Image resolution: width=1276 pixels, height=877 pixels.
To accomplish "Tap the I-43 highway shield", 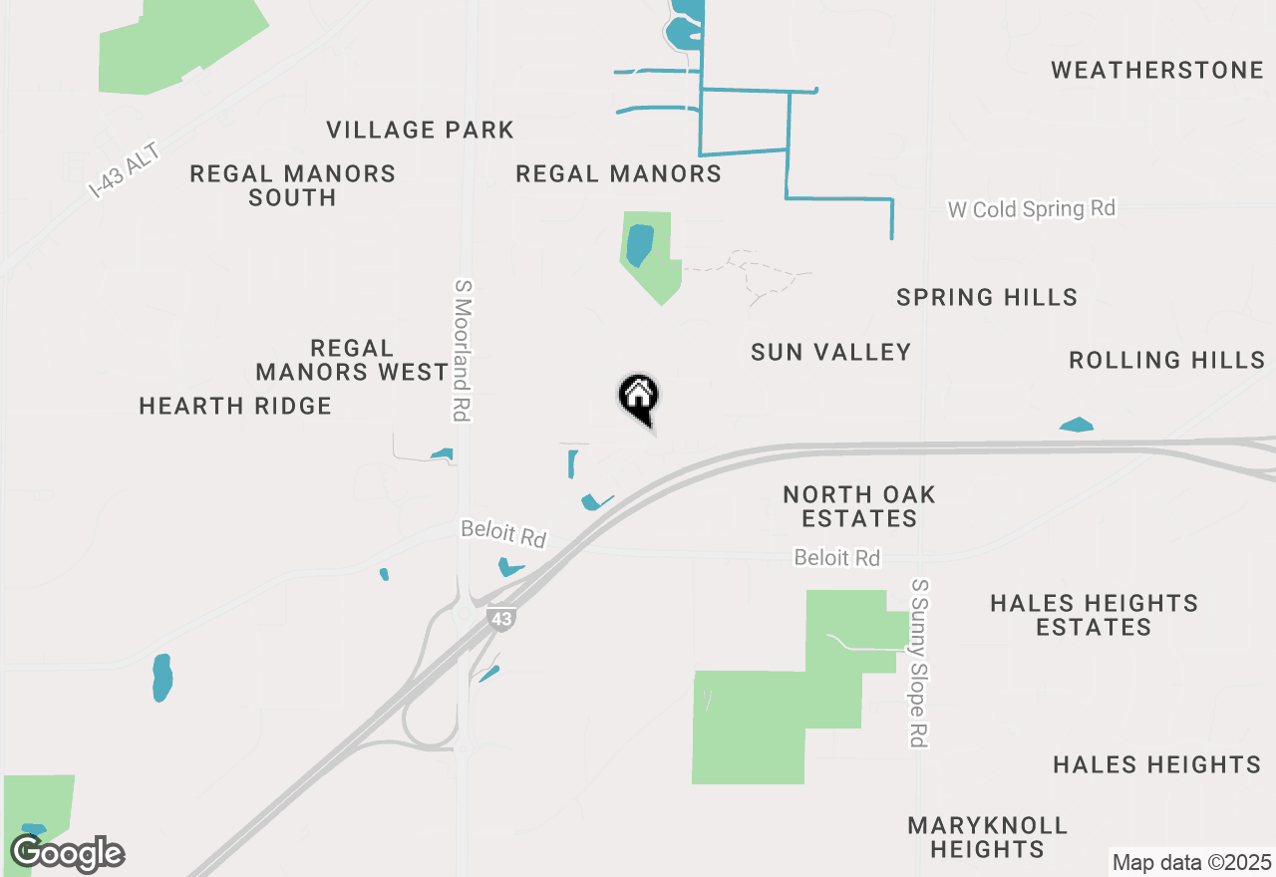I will coord(501,619).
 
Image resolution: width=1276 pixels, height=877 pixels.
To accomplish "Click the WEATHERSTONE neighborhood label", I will coord(1156,70).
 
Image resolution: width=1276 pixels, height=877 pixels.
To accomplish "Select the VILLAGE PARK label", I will coord(420,130).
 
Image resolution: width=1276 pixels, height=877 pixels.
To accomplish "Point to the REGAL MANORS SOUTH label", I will coord(292,185).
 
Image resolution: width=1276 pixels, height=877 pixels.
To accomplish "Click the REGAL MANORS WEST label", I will coord(352,360).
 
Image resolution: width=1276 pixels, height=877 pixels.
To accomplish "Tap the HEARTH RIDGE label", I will coord(235,406).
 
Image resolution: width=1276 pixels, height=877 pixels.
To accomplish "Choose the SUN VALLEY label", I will coord(830,352).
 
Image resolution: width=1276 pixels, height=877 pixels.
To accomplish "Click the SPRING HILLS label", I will coord(986,297).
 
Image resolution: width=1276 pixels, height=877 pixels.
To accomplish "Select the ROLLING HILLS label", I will coord(1166,360).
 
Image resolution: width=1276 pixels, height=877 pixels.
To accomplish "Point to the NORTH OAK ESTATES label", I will coord(858,506).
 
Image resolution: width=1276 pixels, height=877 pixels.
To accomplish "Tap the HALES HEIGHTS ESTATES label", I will coord(1094,615).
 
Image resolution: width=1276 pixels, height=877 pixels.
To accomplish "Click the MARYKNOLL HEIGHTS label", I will coord(987,837).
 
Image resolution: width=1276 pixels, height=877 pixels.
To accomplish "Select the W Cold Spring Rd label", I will coord(1031,209).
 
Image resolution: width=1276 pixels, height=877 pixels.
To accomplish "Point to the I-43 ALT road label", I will coord(124,169).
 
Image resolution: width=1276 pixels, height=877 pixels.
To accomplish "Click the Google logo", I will coord(67,853).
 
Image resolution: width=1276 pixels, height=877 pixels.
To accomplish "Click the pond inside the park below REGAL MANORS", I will coord(639,245).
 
